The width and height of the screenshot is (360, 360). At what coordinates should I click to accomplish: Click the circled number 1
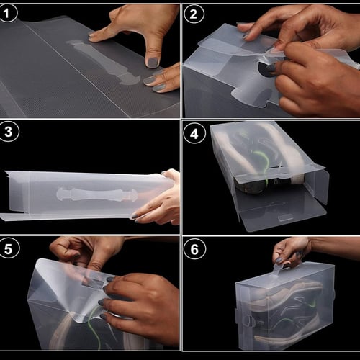(x=7, y=13)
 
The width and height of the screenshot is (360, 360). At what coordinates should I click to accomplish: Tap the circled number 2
(x=194, y=14)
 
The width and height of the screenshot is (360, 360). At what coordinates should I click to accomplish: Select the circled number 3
(x=9, y=132)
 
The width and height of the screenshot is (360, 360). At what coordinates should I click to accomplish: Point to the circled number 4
(x=194, y=133)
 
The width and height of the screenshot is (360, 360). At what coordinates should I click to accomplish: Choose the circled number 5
(x=9, y=248)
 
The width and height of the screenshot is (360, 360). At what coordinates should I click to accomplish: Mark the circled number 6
(x=194, y=249)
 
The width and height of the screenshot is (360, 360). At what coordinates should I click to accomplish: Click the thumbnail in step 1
(x=153, y=62)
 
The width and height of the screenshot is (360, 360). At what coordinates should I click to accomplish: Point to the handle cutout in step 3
(x=97, y=194)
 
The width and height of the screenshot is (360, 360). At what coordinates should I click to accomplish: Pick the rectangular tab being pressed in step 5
(x=92, y=284)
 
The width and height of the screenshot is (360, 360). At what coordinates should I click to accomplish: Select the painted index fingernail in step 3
(x=134, y=215)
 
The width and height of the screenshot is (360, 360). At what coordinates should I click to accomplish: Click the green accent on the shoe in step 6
(x=312, y=304)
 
